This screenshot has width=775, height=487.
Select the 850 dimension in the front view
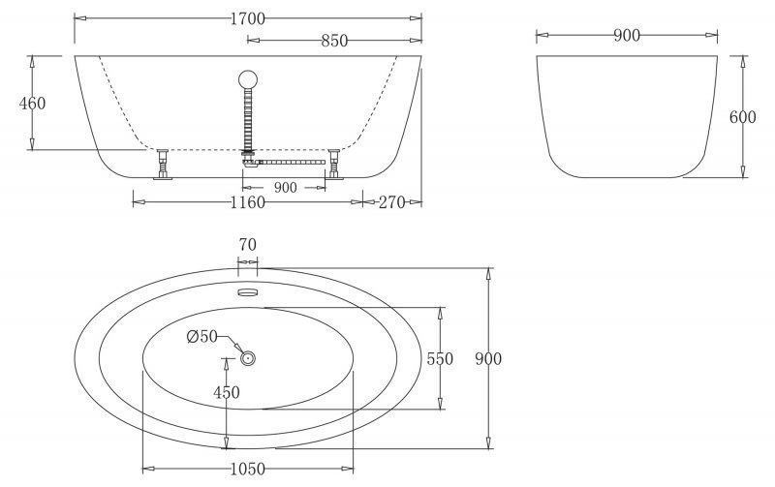[x=333, y=41]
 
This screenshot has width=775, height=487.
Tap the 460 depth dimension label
[x=33, y=103]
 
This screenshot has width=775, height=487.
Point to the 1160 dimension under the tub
[x=248, y=202]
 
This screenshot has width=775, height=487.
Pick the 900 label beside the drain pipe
[x=286, y=188]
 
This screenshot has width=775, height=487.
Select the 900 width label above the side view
[x=627, y=36]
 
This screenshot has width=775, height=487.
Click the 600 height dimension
[x=742, y=117]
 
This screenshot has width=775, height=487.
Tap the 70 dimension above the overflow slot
[x=247, y=245]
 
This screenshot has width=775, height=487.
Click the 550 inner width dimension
[x=441, y=358]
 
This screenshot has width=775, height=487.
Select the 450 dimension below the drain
[x=227, y=392]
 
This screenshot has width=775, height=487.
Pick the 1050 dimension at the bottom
[x=247, y=469]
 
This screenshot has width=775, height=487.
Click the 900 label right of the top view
[x=489, y=358]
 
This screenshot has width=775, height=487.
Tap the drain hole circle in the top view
[x=248, y=358]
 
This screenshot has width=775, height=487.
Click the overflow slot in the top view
[x=248, y=289]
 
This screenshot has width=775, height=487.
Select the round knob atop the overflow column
[x=248, y=79]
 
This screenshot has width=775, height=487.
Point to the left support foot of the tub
[x=162, y=165]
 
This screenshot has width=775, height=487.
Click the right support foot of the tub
[x=334, y=165]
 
